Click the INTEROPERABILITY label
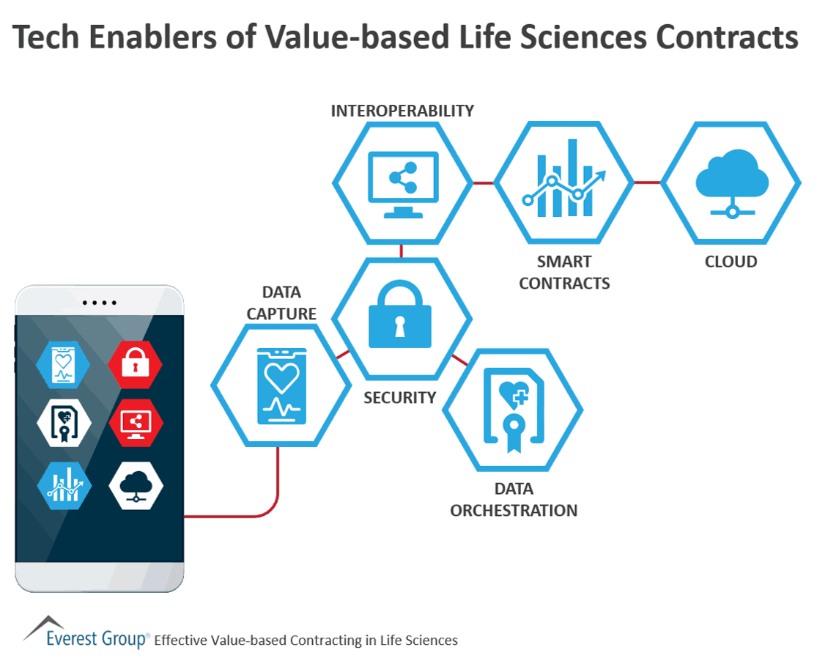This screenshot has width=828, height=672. point(402,111)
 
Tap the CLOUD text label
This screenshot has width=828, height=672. point(730,262)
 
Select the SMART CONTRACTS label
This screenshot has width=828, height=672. point(563,273)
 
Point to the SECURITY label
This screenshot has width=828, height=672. point(400,398)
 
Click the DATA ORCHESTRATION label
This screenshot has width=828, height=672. point(513,500)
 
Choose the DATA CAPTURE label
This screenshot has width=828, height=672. point(281,303)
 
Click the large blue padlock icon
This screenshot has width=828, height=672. point(400,316)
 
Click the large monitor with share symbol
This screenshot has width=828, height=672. point(402,183)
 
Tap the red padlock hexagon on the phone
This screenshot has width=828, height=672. point(136,363)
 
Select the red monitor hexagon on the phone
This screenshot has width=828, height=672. point(136,424)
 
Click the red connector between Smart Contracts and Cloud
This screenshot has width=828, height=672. point(647,182)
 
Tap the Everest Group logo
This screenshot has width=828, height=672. point(86,635)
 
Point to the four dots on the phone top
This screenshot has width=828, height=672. point(100,303)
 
